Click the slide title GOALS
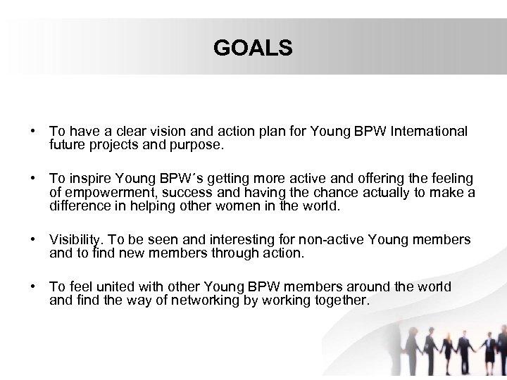(253, 48)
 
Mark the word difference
(76, 206)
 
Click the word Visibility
(75, 240)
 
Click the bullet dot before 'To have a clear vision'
(34, 132)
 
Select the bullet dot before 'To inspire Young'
(34, 179)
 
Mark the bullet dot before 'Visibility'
(34, 241)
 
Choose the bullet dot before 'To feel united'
(34, 288)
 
